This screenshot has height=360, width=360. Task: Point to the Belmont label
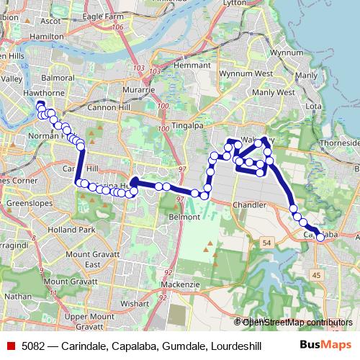click(x=184, y=217)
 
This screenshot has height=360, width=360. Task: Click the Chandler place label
click(x=249, y=205)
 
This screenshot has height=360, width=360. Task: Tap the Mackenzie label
click(x=180, y=284)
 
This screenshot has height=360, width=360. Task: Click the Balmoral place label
click(x=58, y=77)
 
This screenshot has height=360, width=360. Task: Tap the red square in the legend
click(x=9, y=346)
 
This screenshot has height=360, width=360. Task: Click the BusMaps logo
click(x=327, y=346)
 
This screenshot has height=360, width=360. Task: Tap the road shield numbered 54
click(x=267, y=243)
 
